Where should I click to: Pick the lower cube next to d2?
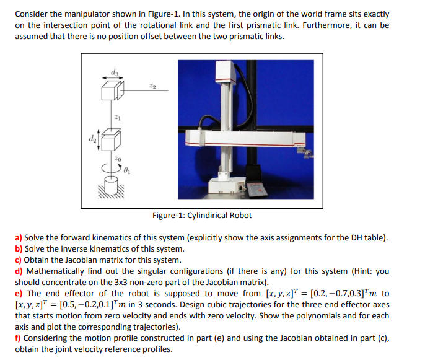coord(110,141)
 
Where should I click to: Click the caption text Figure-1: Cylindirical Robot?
coord(202,216)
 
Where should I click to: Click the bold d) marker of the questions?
coord(19,271)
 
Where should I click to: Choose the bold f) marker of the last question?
coord(18,338)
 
